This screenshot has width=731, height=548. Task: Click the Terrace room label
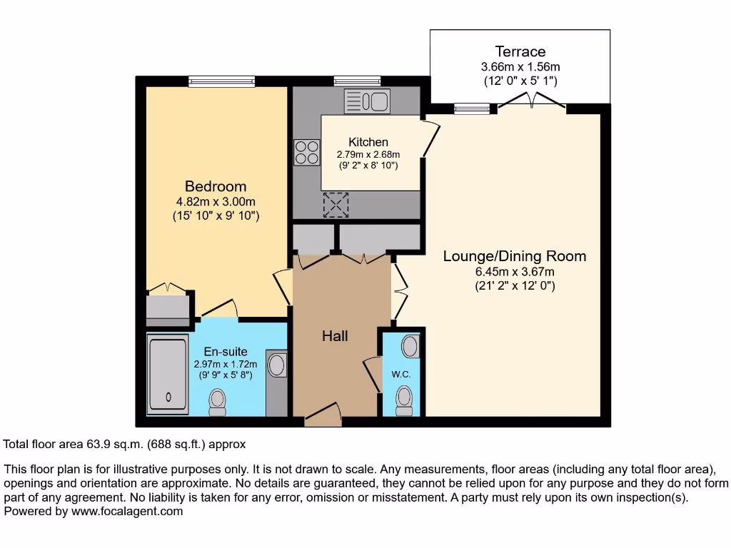(x=520, y=51)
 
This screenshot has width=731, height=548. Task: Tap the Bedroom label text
(x=216, y=187)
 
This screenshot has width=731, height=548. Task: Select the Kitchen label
(x=368, y=142)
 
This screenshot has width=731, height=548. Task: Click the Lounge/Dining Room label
(x=515, y=255)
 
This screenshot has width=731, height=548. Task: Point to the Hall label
(x=335, y=335)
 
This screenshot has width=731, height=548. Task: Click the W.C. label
(x=400, y=375)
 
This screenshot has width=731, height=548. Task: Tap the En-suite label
(x=226, y=351)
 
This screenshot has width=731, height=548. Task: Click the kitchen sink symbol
(x=367, y=101)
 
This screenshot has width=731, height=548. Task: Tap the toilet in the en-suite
(x=217, y=402)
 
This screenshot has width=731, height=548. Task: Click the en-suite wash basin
(x=276, y=365)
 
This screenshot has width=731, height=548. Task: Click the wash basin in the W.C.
(x=410, y=346)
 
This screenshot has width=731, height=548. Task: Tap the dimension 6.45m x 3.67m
(x=515, y=271)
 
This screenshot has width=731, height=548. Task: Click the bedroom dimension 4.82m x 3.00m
(x=216, y=201)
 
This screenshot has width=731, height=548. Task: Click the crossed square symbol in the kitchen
(x=334, y=204)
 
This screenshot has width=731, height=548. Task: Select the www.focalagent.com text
(x=126, y=511)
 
